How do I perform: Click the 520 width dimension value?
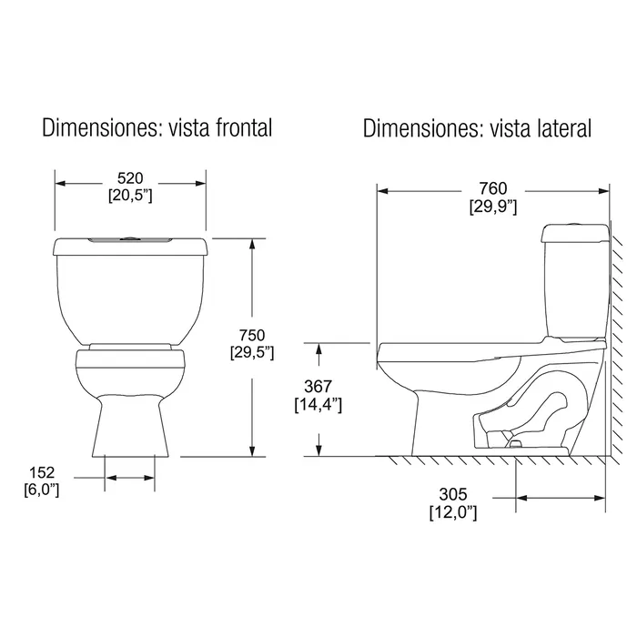pyautogui.click(x=130, y=178)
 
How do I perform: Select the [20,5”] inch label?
pyautogui.click(x=130, y=196)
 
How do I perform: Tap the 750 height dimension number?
pyautogui.click(x=252, y=336)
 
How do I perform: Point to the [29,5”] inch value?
pyautogui.click(x=252, y=353)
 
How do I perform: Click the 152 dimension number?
pyautogui.click(x=42, y=472)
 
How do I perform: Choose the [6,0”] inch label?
pyautogui.click(x=42, y=490)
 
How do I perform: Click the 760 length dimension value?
pyautogui.click(x=493, y=188)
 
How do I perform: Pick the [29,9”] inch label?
pyautogui.click(x=493, y=207)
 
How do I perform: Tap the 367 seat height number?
pyautogui.click(x=318, y=387)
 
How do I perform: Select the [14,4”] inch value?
pyautogui.click(x=318, y=405)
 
